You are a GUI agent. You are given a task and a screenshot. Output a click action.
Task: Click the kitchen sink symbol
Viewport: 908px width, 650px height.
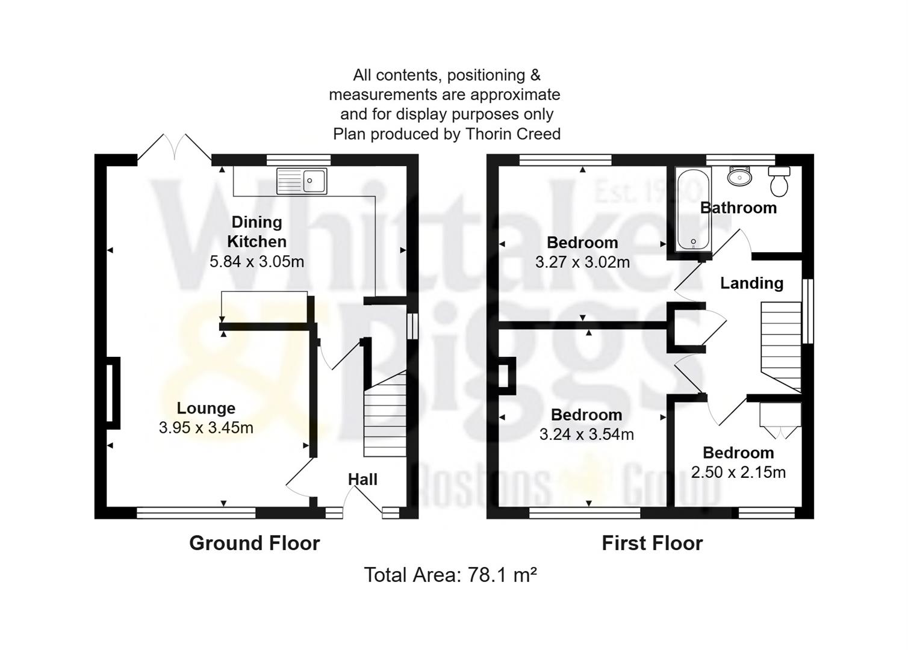pyautogui.click(x=302, y=181)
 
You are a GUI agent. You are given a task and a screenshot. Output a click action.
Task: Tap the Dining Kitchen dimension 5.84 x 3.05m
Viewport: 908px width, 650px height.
pyautogui.click(x=257, y=262)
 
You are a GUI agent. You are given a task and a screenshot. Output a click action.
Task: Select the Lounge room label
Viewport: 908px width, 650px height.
pyautogui.click(x=206, y=408)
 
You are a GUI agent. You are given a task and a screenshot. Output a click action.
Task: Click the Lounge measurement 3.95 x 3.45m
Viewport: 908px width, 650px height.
pyautogui.click(x=206, y=428)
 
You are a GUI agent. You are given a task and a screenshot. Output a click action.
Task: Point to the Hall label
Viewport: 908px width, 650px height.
pyautogui.click(x=362, y=480)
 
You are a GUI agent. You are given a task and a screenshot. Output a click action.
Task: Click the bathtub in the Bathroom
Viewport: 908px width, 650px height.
pyautogui.click(x=694, y=209)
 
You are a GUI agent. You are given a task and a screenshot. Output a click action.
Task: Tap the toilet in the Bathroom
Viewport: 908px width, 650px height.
pyautogui.click(x=779, y=181)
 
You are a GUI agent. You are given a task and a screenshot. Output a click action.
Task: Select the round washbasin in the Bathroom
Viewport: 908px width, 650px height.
pyautogui.click(x=739, y=176)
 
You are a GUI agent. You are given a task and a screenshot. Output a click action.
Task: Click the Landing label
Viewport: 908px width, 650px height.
pyautogui.click(x=751, y=283)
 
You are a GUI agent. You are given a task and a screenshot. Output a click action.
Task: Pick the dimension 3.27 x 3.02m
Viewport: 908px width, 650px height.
pyautogui.click(x=582, y=262)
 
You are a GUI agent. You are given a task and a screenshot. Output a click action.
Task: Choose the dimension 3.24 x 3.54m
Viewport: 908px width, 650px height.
pyautogui.click(x=586, y=435)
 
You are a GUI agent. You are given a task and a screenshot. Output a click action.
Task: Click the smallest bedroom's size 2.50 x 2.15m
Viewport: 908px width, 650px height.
pyautogui.click(x=738, y=472)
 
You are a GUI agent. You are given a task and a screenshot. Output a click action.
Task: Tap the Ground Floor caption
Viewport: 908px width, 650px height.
pyautogui.click(x=254, y=543)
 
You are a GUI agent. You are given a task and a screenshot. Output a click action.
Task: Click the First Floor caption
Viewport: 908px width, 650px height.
pyautogui.click(x=652, y=543)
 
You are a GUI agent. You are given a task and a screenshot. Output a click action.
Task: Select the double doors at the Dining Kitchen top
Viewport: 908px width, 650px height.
pyautogui.click(x=175, y=148)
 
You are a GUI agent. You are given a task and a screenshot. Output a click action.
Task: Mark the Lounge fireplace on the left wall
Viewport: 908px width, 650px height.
pyautogui.click(x=113, y=392)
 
